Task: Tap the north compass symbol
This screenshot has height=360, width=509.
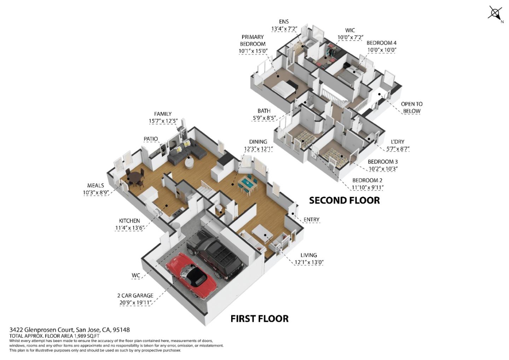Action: (x=495, y=13)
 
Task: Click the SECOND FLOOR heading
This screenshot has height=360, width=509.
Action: (x=344, y=200)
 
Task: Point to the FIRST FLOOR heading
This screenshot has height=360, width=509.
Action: (x=259, y=319)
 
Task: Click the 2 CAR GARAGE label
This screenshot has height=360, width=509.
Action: (x=135, y=296)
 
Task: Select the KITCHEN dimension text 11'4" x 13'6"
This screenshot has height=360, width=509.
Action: (x=130, y=228)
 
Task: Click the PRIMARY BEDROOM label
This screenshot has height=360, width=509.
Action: (x=253, y=40)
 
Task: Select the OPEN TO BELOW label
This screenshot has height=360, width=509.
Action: (x=411, y=107)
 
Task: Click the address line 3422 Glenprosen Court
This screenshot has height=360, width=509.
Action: (x=70, y=330)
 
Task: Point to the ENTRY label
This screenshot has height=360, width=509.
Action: (x=311, y=220)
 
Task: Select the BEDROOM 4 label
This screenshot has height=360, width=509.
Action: (x=381, y=43)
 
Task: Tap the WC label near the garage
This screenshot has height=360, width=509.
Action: (x=136, y=275)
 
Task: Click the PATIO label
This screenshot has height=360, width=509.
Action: (x=151, y=139)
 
